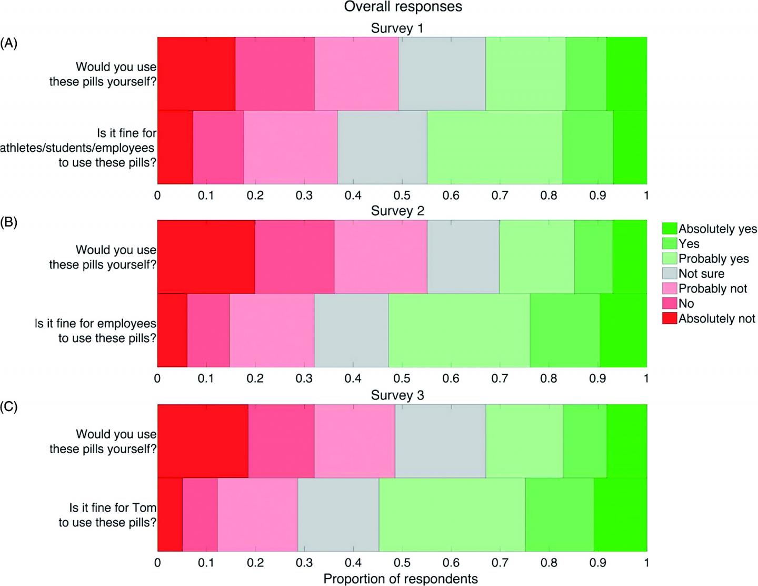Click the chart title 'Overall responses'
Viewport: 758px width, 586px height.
coord(403,7)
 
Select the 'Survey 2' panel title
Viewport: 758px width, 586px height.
coord(397,211)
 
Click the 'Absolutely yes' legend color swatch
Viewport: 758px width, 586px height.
coord(669,228)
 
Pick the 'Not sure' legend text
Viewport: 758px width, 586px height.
coord(701,274)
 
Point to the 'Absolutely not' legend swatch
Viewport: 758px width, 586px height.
coord(669,318)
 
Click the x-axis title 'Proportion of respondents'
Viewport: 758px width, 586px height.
coord(401,579)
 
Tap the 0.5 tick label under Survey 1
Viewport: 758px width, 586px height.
coord(402,196)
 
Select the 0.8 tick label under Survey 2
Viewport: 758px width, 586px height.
coord(548,378)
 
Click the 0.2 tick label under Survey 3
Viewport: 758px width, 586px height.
coord(255,563)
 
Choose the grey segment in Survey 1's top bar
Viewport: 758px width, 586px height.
coord(442,74)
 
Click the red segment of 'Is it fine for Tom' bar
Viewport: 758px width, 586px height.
coord(169,514)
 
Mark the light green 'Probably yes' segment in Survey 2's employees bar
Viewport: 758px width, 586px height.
coord(458,330)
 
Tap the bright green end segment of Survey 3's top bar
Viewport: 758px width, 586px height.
coord(626,441)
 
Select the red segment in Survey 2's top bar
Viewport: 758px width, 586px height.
coord(206,257)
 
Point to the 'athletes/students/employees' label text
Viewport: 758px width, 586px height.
coord(77,148)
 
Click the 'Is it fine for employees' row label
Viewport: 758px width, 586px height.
coord(95,323)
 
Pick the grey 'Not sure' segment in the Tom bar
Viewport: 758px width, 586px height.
coord(338,514)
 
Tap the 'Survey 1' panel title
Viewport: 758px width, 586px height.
coord(397,28)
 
